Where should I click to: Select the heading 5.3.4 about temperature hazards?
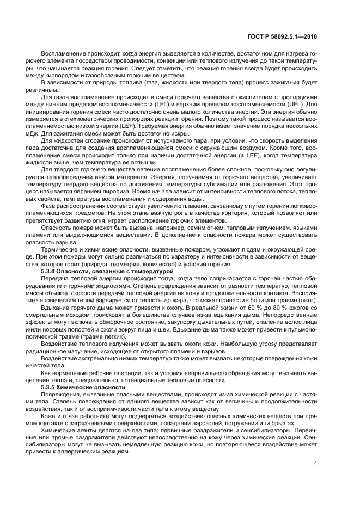coord(107,270)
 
